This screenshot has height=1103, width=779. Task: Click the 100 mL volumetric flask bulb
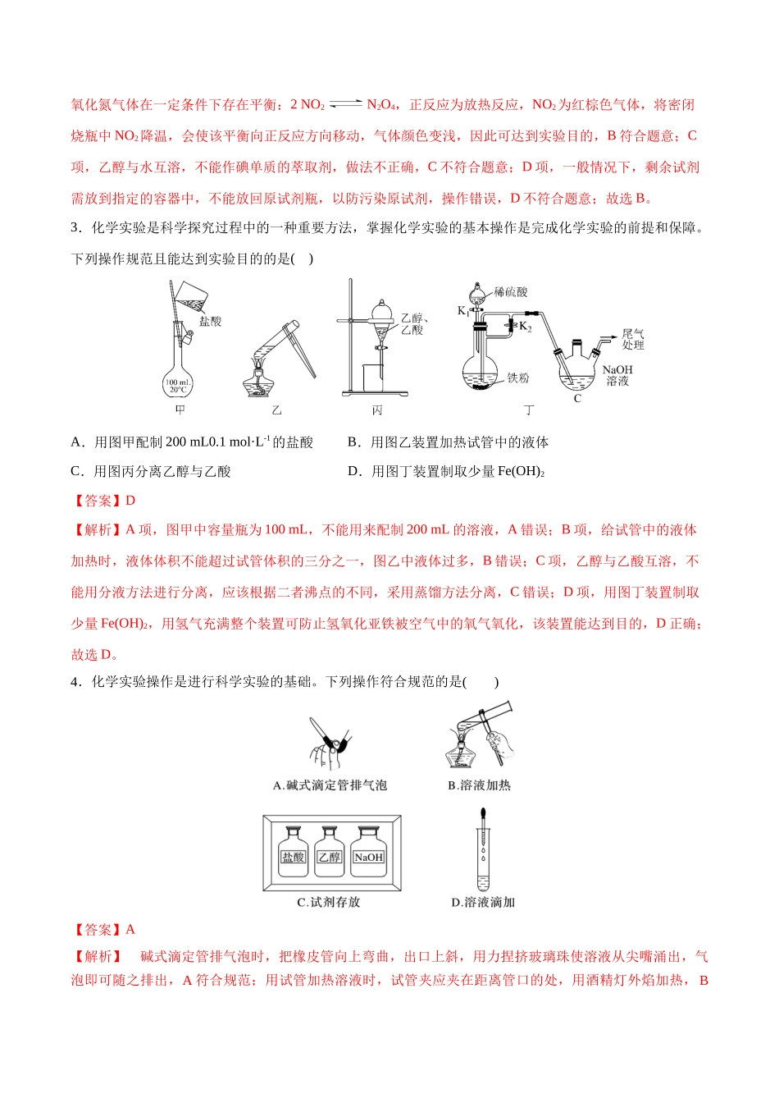click(x=178, y=382)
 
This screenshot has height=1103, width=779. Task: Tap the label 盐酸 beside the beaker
click(x=210, y=321)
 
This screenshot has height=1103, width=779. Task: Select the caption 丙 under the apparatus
click(x=377, y=410)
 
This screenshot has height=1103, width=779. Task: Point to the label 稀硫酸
click(x=511, y=292)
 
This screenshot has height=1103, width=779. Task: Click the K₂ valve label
click(x=526, y=326)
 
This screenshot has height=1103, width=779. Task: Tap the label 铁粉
click(x=517, y=378)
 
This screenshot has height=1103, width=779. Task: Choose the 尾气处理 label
click(x=633, y=339)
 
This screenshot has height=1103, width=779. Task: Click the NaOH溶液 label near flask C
click(x=617, y=375)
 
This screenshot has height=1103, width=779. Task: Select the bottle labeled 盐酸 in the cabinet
click(x=293, y=858)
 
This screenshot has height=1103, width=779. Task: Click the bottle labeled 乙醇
click(x=329, y=858)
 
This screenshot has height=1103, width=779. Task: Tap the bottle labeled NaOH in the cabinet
click(x=368, y=858)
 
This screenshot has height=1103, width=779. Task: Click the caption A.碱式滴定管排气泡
click(x=330, y=785)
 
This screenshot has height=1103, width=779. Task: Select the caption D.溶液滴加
click(x=483, y=902)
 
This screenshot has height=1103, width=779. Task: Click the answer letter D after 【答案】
click(x=130, y=501)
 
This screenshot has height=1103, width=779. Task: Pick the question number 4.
click(x=75, y=682)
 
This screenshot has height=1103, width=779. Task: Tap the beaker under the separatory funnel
click(x=373, y=378)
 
